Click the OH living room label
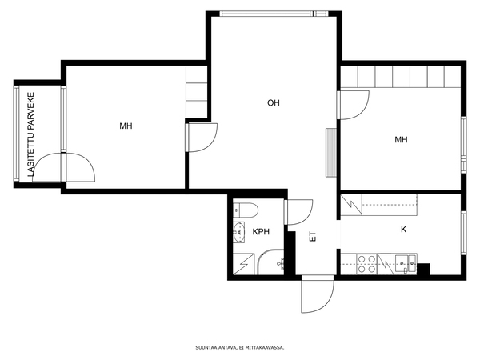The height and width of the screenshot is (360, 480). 274,103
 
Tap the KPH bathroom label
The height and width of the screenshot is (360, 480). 261,232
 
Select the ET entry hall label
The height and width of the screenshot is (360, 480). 313,236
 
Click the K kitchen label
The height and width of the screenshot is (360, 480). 403,230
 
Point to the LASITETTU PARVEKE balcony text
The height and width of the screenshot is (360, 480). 31,134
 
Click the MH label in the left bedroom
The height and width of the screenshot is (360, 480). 126,126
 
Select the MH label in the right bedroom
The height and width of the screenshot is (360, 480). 401,140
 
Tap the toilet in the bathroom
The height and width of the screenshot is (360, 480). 246,210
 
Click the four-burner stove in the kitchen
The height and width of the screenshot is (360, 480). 367,264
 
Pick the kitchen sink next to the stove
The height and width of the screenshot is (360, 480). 406,263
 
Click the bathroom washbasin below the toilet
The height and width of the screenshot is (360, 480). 238,232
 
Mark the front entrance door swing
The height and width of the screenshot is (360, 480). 318,294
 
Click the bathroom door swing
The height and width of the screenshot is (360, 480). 298,212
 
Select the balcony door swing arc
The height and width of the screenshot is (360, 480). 64,167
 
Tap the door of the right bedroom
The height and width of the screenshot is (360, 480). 353,105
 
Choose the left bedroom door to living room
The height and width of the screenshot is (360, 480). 202,137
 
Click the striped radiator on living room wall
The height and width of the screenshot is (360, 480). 331,153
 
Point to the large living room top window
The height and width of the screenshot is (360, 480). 274,14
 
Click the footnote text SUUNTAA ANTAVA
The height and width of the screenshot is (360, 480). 216,347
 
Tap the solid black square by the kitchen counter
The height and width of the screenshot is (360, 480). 424,269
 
